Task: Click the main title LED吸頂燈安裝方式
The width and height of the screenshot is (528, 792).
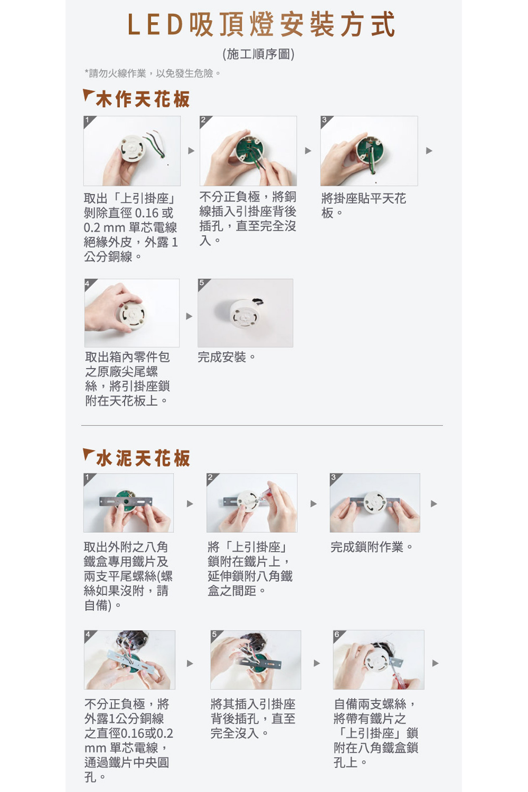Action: pyautogui.click(x=261, y=24)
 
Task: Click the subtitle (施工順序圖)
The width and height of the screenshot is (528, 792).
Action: pyautogui.click(x=258, y=54)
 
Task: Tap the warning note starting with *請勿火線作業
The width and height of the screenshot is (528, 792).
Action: pyautogui.click(x=153, y=73)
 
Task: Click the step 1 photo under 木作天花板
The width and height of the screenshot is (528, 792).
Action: pyautogui.click(x=132, y=151)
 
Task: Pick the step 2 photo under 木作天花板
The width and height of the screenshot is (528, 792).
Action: pyautogui.click(x=248, y=151)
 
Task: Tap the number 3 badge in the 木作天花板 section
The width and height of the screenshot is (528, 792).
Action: pyautogui.click(x=324, y=120)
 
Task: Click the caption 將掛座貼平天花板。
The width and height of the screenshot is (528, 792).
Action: pyautogui.click(x=364, y=205)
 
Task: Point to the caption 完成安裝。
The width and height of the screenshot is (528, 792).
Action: pyautogui.click(x=227, y=357)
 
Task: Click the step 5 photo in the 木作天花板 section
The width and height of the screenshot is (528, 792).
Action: pyautogui.click(x=246, y=313)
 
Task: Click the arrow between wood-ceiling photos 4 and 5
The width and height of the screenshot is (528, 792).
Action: pyautogui.click(x=189, y=316)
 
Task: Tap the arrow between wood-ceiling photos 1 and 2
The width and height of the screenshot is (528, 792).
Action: pyautogui.click(x=191, y=150)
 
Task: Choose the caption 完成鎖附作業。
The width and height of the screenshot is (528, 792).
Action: pyautogui.click(x=372, y=547)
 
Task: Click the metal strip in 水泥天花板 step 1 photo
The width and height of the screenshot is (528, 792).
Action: pyautogui.click(x=126, y=502)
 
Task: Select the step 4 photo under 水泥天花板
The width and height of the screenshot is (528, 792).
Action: pyautogui.click(x=129, y=660)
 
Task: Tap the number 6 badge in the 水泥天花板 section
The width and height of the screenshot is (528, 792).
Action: pyautogui.click(x=337, y=634)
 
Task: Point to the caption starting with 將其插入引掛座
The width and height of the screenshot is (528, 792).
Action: pyautogui.click(x=253, y=719)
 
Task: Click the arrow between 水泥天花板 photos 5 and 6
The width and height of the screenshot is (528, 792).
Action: pyautogui.click(x=317, y=663)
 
